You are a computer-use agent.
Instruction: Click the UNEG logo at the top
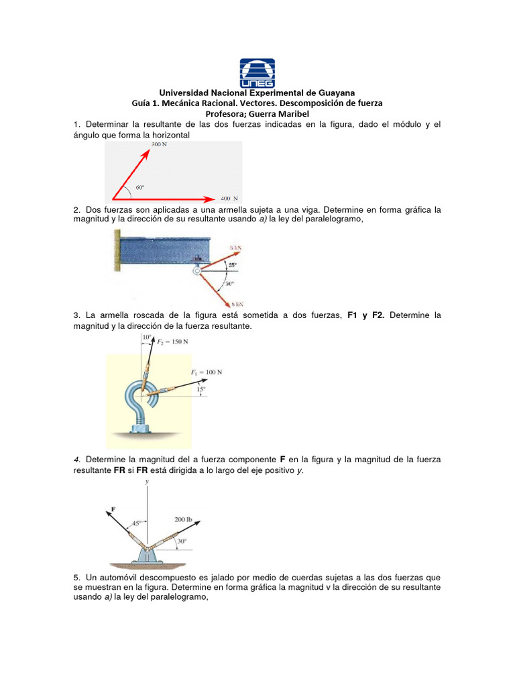point(257,71)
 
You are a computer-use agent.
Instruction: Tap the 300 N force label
point(160,145)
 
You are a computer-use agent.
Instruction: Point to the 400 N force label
point(229,199)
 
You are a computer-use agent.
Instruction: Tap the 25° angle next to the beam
point(232,265)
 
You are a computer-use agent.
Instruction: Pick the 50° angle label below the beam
point(229,283)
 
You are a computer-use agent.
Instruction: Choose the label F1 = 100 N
point(206,372)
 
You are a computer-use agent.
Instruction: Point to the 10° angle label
point(147,337)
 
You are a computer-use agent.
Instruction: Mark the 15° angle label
point(201,388)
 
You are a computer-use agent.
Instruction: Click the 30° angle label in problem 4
point(182,541)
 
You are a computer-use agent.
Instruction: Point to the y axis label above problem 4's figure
point(146,482)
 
